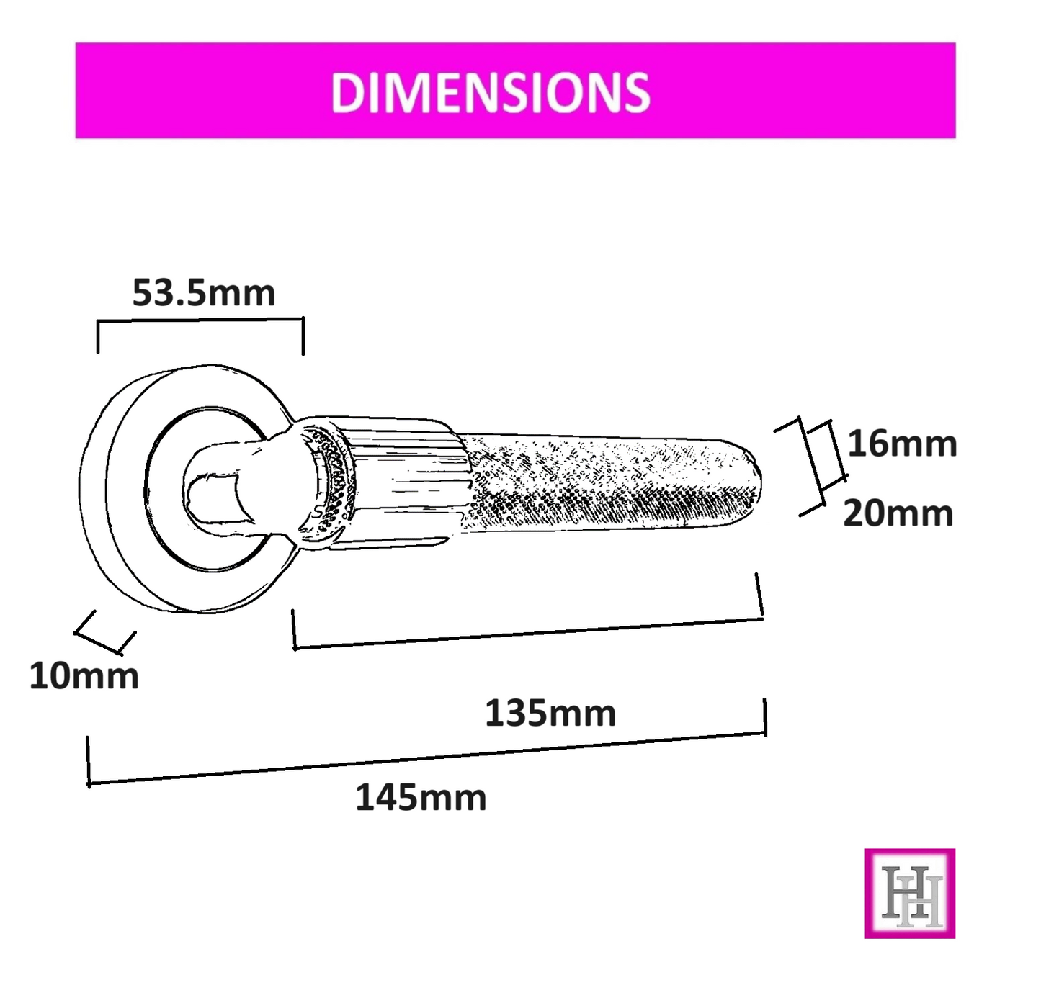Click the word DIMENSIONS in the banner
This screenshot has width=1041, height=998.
point(490,92)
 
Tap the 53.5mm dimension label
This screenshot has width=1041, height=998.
point(204,293)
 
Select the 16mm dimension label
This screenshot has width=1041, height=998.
point(902,444)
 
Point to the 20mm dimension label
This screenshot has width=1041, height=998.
point(898,513)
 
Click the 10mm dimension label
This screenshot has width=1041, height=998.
point(84,676)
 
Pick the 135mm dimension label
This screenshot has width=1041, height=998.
point(550,714)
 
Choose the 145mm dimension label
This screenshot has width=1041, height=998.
point(421,798)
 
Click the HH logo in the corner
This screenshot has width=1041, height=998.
point(910,894)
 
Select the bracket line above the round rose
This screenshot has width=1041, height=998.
point(200,320)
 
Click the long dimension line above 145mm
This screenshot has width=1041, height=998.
point(425,758)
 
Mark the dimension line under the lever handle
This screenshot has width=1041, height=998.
point(526,633)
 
